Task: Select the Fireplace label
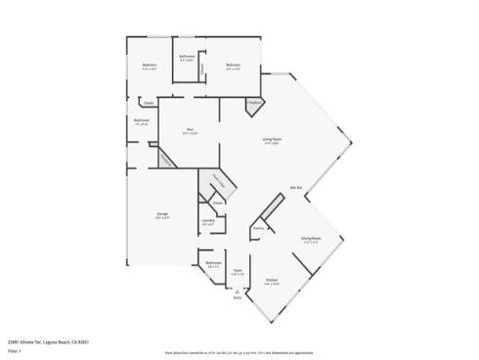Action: (x=253, y=102)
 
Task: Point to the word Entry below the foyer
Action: (x=237, y=299)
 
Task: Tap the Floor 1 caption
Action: (x=14, y=349)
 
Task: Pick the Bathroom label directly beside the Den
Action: (x=141, y=120)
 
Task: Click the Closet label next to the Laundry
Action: (x=218, y=203)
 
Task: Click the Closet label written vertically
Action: (x=201, y=67)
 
